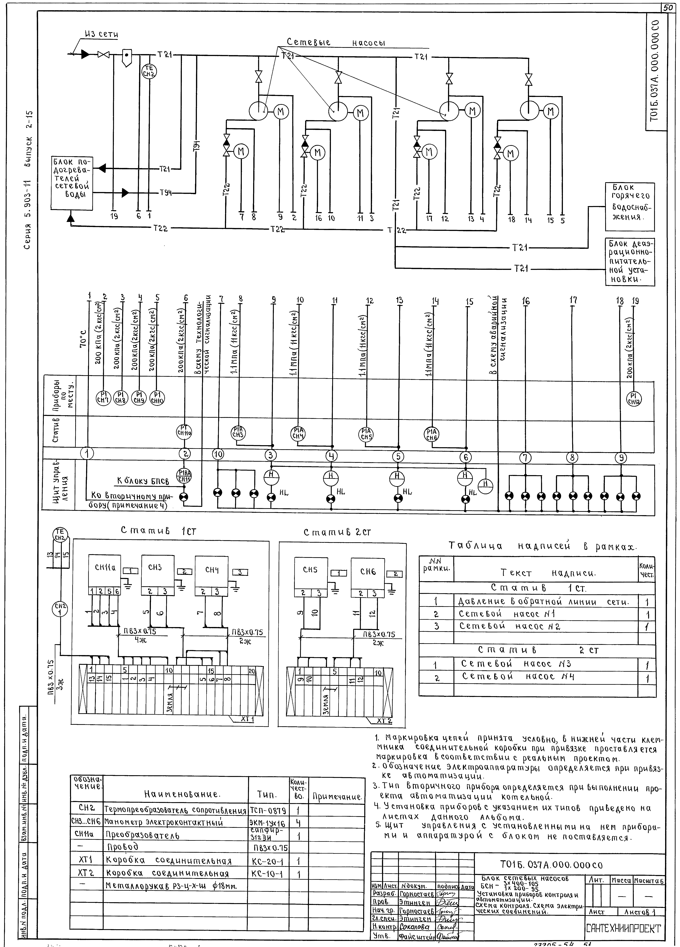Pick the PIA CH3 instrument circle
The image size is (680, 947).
239,432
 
